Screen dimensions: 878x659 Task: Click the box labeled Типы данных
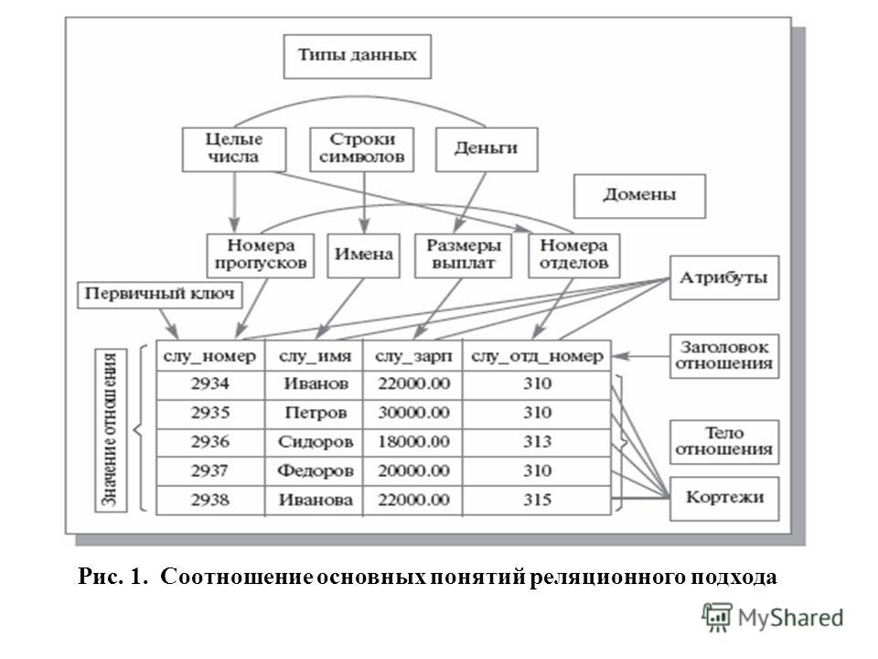tap(358, 56)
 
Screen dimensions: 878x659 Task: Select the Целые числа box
tap(234, 149)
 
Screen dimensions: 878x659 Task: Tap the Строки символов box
tap(362, 149)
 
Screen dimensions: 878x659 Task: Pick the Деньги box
tap(487, 149)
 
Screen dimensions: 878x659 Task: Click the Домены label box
tap(639, 196)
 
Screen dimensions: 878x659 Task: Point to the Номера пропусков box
tap(261, 255)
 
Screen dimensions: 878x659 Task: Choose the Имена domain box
tap(363, 255)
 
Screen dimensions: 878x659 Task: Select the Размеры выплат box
tap(463, 255)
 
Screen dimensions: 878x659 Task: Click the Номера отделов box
tap(574, 255)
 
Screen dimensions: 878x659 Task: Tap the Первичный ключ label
tap(159, 294)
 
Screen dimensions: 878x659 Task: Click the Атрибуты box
tap(724, 278)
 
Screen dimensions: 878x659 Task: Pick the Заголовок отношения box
tap(724, 356)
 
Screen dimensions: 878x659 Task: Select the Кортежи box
tap(724, 499)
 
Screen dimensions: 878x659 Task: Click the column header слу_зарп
tap(412, 356)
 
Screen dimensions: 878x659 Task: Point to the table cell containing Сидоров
tap(315, 442)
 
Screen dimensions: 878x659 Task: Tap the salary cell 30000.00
tap(412, 414)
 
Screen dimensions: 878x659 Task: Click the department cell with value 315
tap(537, 500)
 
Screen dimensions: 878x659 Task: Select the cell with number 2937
tap(210, 471)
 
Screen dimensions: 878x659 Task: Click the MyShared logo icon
tap(717, 618)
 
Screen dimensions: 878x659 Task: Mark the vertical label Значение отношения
tap(111, 430)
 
